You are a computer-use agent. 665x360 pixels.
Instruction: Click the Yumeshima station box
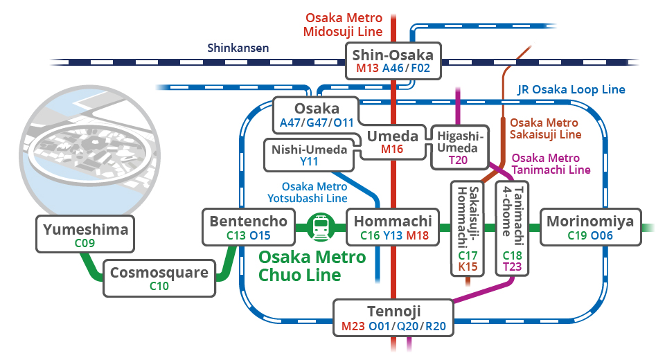[87, 233]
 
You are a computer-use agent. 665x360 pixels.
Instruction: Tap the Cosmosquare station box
[159, 278]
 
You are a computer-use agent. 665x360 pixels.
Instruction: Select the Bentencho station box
[248, 227]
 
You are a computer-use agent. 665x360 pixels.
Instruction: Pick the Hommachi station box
[392, 227]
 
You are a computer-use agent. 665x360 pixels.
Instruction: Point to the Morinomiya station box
[590, 227]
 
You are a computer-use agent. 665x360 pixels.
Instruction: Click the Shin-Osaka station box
[392, 60]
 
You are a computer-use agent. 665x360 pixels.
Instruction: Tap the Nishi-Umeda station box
[310, 154]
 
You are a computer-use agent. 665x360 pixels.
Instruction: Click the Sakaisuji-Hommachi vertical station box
[468, 228]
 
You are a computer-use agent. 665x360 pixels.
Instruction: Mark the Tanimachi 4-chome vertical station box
[512, 228]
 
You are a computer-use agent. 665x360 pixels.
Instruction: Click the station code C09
[87, 243]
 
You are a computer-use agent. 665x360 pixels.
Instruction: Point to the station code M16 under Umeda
[392, 149]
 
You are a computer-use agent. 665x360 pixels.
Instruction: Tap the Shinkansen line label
[238, 48]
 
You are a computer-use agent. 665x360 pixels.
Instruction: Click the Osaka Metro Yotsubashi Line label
[308, 192]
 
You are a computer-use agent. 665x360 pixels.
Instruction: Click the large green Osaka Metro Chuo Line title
[311, 266]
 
